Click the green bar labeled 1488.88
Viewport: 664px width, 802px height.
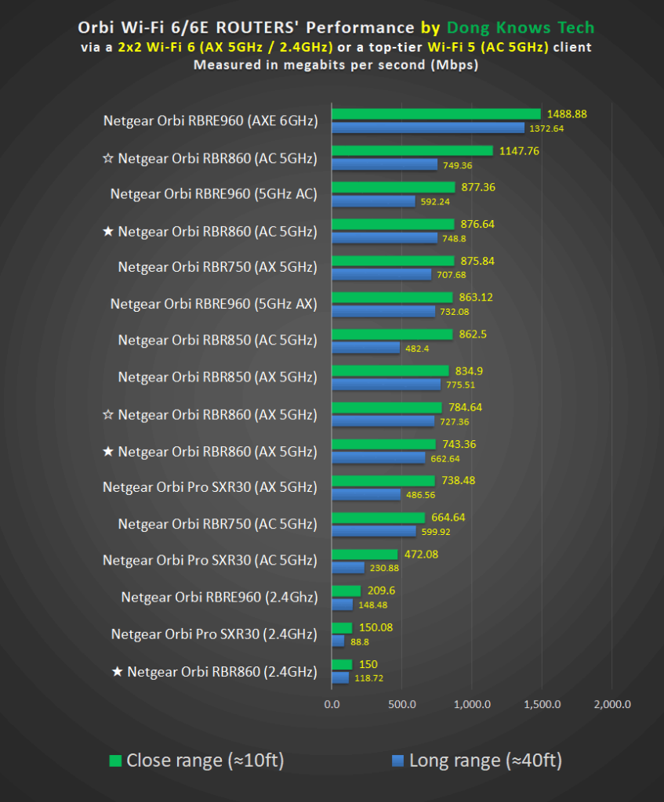436,114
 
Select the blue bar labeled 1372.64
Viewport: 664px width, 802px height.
428,128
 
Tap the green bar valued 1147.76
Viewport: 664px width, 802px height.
412,151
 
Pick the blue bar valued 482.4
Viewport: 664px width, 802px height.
365,348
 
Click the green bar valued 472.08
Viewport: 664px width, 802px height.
365,555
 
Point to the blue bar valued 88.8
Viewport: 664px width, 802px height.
338,641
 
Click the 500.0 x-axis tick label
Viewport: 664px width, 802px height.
401,704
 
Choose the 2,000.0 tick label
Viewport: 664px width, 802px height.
612,704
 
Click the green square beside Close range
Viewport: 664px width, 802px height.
115,760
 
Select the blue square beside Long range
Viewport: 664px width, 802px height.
397,760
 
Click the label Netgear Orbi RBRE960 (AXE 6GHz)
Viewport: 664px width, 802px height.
210,121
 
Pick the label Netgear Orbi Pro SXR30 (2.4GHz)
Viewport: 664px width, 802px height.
214,634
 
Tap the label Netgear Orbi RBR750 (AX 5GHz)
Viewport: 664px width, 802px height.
218,268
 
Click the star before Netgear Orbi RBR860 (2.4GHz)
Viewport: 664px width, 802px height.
118,671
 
